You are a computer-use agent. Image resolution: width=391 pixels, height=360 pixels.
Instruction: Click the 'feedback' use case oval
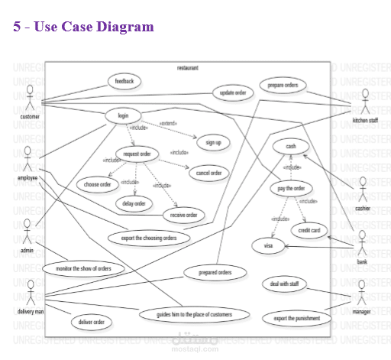(124, 80)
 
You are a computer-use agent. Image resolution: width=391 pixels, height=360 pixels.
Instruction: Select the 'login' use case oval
(123, 115)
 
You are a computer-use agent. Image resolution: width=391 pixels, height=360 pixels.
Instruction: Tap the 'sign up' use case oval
(213, 142)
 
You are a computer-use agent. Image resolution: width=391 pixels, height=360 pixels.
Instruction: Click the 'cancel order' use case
(208, 173)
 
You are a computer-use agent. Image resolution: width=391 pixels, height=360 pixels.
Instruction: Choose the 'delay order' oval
(134, 203)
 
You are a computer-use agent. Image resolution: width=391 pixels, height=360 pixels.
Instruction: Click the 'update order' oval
(232, 92)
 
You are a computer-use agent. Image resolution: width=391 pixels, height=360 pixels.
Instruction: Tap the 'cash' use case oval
(291, 146)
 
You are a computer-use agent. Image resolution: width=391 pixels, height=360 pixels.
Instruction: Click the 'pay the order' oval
(292, 188)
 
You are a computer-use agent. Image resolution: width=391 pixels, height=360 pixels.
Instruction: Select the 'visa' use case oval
(268, 245)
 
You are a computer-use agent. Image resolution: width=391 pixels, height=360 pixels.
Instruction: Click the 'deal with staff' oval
(283, 284)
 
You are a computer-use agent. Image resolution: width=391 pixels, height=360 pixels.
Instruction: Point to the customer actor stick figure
(30, 99)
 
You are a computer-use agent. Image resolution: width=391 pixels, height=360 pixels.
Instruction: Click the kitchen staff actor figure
(365, 102)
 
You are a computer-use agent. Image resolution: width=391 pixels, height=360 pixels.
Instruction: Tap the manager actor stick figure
(362, 291)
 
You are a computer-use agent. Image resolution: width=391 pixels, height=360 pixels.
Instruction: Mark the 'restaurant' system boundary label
(187, 68)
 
